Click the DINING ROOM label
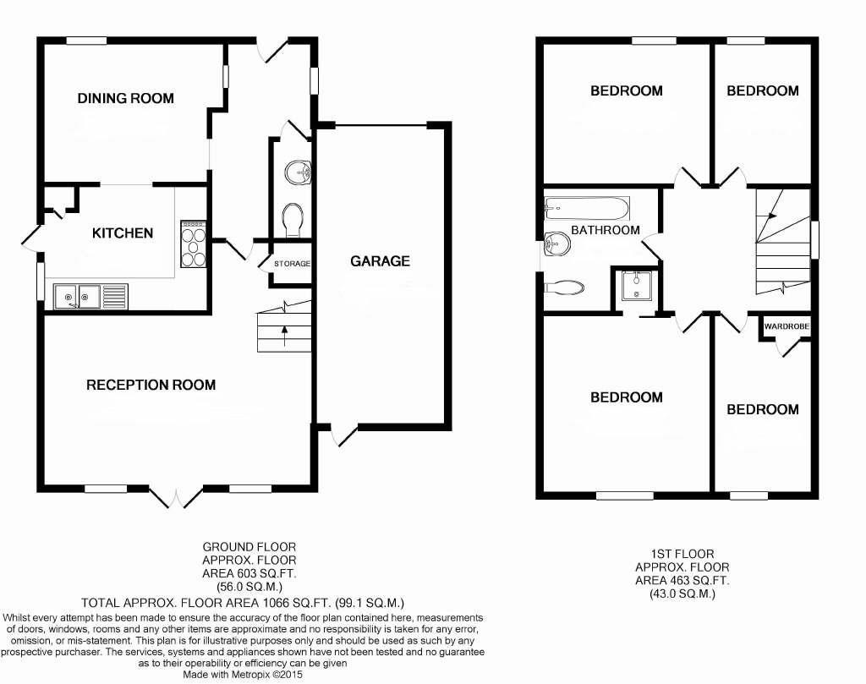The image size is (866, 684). (125, 98)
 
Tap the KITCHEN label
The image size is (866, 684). (123, 233)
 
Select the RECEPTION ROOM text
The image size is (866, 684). (151, 385)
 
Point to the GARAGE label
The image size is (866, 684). (380, 261)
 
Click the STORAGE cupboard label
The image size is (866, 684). (292, 264)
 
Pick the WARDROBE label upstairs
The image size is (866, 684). (787, 326)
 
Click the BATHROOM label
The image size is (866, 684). (606, 230)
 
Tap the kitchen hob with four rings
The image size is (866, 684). (194, 244)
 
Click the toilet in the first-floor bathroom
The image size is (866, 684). (564, 287)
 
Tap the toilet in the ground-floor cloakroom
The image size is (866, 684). (293, 220)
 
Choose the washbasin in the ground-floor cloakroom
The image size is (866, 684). (299, 172)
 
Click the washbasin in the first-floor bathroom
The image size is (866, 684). (556, 244)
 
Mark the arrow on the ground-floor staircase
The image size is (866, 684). (284, 336)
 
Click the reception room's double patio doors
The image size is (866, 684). (176, 496)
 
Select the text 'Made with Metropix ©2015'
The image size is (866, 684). (243, 674)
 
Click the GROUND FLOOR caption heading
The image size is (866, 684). (249, 547)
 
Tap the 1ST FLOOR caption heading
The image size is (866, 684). (682, 554)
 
